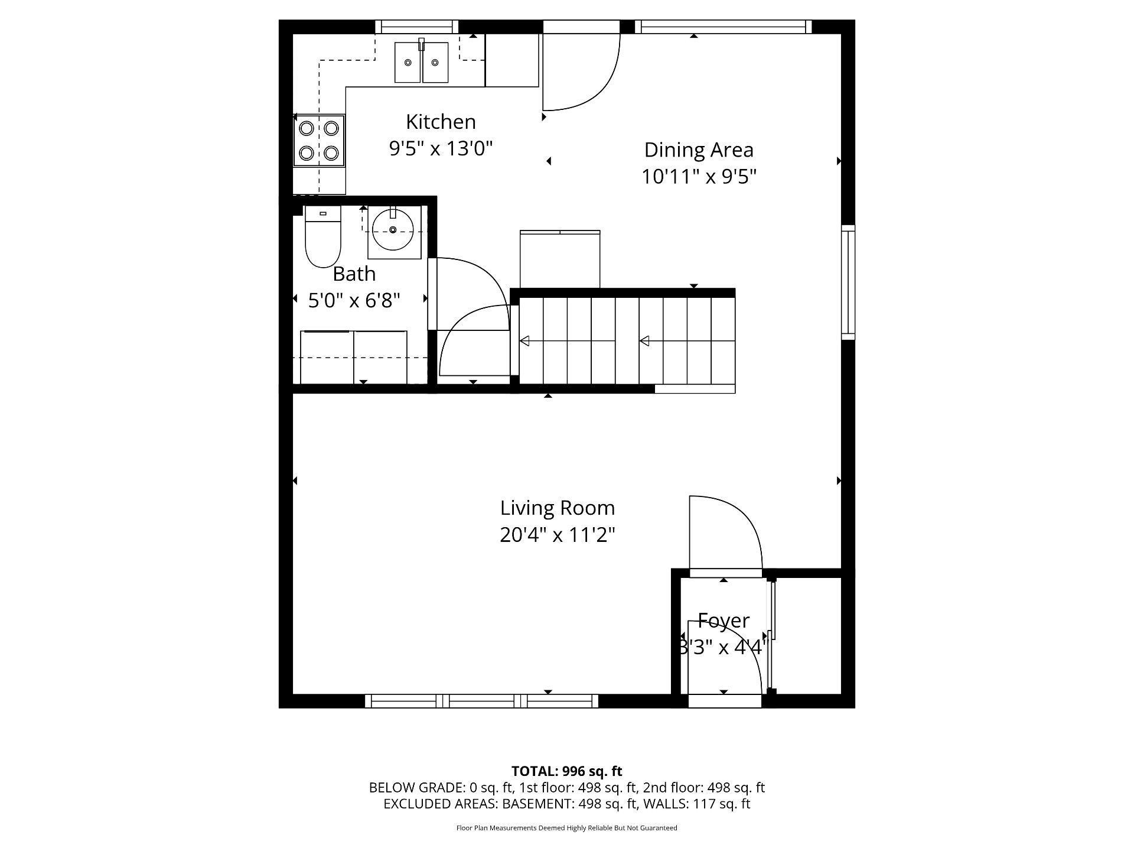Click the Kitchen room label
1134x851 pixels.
coord(441,122)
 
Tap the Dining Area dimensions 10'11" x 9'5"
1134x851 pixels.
coord(699,177)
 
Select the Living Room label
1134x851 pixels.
coord(557,508)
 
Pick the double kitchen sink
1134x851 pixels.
coord(421,62)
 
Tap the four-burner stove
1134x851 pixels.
coord(319,141)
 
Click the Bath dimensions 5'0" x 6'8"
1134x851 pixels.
coord(354,301)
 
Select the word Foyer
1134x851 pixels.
coord(723,621)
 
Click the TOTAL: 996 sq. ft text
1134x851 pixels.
coord(566,771)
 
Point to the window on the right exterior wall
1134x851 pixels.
coord(848,282)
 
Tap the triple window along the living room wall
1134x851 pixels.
coord(481,701)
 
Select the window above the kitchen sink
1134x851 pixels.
coord(416,27)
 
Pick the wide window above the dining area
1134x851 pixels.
coord(723,27)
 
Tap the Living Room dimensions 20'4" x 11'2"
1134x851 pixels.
coord(557,535)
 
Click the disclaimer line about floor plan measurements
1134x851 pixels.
coord(566,828)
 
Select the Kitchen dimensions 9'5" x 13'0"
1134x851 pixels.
coord(441,148)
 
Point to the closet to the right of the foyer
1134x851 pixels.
coord(807,635)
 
